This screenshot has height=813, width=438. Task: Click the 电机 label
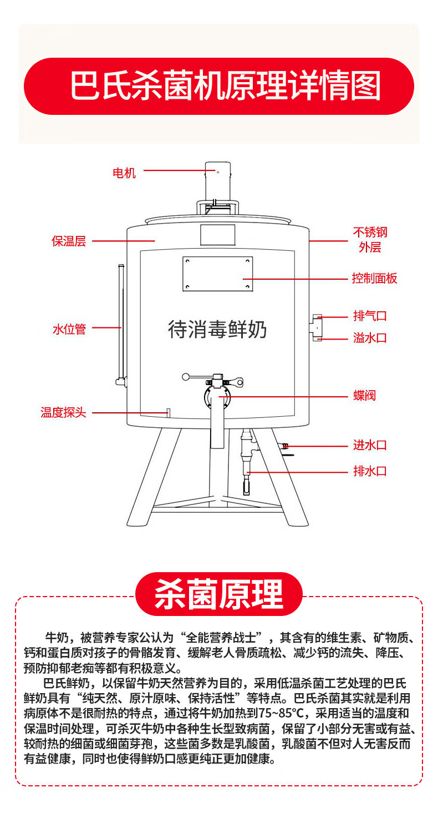124,173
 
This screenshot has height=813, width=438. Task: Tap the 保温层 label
69,241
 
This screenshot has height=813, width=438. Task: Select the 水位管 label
69,330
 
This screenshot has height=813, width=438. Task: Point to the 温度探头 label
63,413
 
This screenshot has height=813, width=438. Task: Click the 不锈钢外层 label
370,239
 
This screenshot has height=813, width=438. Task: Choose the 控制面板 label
375,279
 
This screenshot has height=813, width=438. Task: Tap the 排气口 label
370,316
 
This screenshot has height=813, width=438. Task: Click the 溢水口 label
370,338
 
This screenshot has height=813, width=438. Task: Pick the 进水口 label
370,445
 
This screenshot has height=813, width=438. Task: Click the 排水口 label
370,472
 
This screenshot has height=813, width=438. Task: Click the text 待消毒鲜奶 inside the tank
217,329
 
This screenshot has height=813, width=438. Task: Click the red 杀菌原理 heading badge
219,594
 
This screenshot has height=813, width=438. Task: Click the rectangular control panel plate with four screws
218,273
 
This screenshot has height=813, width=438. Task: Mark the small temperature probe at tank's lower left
167,412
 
